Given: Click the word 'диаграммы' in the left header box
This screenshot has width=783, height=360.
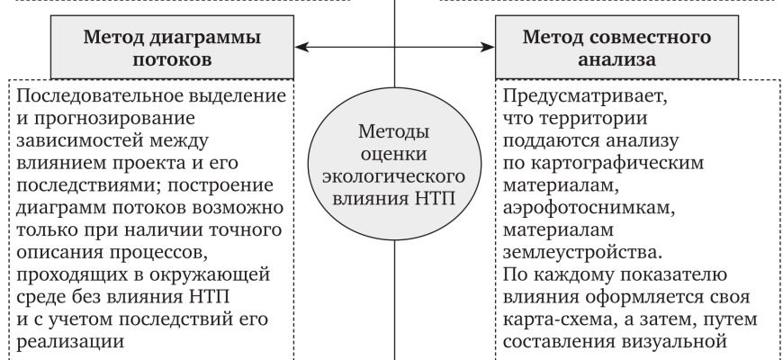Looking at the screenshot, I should [x=201, y=39].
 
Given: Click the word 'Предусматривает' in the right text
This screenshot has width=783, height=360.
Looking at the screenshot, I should [x=568, y=96].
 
